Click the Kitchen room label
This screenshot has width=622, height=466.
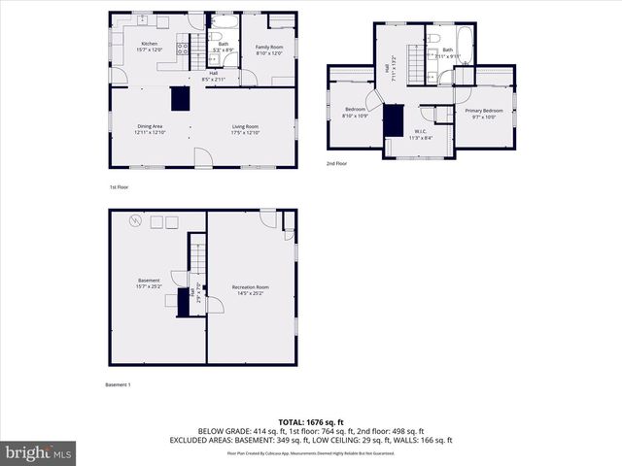click(149, 44)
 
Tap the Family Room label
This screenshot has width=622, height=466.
click(269, 47)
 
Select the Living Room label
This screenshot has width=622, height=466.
click(245, 126)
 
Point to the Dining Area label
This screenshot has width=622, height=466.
click(151, 126)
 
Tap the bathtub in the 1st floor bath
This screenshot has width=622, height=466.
click(223, 20)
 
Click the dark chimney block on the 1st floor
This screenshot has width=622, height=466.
click(179, 99)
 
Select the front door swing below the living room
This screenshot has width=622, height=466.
click(201, 157)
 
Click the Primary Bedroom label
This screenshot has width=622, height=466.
click(483, 111)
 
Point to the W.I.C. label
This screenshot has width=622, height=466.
click(420, 132)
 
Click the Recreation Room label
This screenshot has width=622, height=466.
click(250, 287)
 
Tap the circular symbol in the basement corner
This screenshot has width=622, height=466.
click(137, 222)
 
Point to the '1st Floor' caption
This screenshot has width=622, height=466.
click(119, 186)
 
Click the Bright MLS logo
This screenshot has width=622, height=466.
click(40, 452)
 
